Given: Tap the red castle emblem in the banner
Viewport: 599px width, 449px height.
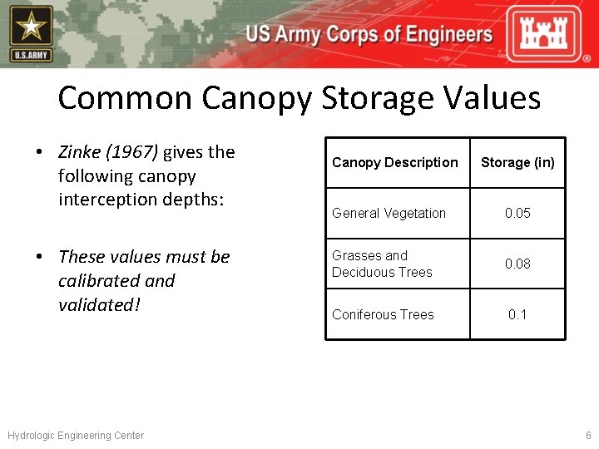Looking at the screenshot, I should (550, 34).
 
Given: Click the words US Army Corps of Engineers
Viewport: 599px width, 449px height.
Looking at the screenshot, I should (369, 35).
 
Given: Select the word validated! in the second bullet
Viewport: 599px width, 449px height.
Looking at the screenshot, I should (99, 305).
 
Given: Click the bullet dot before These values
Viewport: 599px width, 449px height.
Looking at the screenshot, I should (39, 257).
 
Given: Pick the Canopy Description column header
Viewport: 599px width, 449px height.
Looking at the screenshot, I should (394, 162).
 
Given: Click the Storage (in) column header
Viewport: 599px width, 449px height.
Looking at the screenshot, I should (517, 162).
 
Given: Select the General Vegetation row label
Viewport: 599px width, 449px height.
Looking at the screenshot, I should (389, 213).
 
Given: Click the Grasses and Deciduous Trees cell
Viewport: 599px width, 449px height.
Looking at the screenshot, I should (382, 264).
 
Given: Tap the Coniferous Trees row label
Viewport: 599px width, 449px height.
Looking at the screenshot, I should (383, 314).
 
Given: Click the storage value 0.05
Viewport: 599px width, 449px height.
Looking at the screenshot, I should (517, 213).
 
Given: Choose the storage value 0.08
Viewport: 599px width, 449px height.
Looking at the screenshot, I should (517, 264).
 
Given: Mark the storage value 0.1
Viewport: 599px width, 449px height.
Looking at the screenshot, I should (517, 314).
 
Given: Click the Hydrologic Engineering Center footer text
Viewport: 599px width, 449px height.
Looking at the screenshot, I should (76, 436).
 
